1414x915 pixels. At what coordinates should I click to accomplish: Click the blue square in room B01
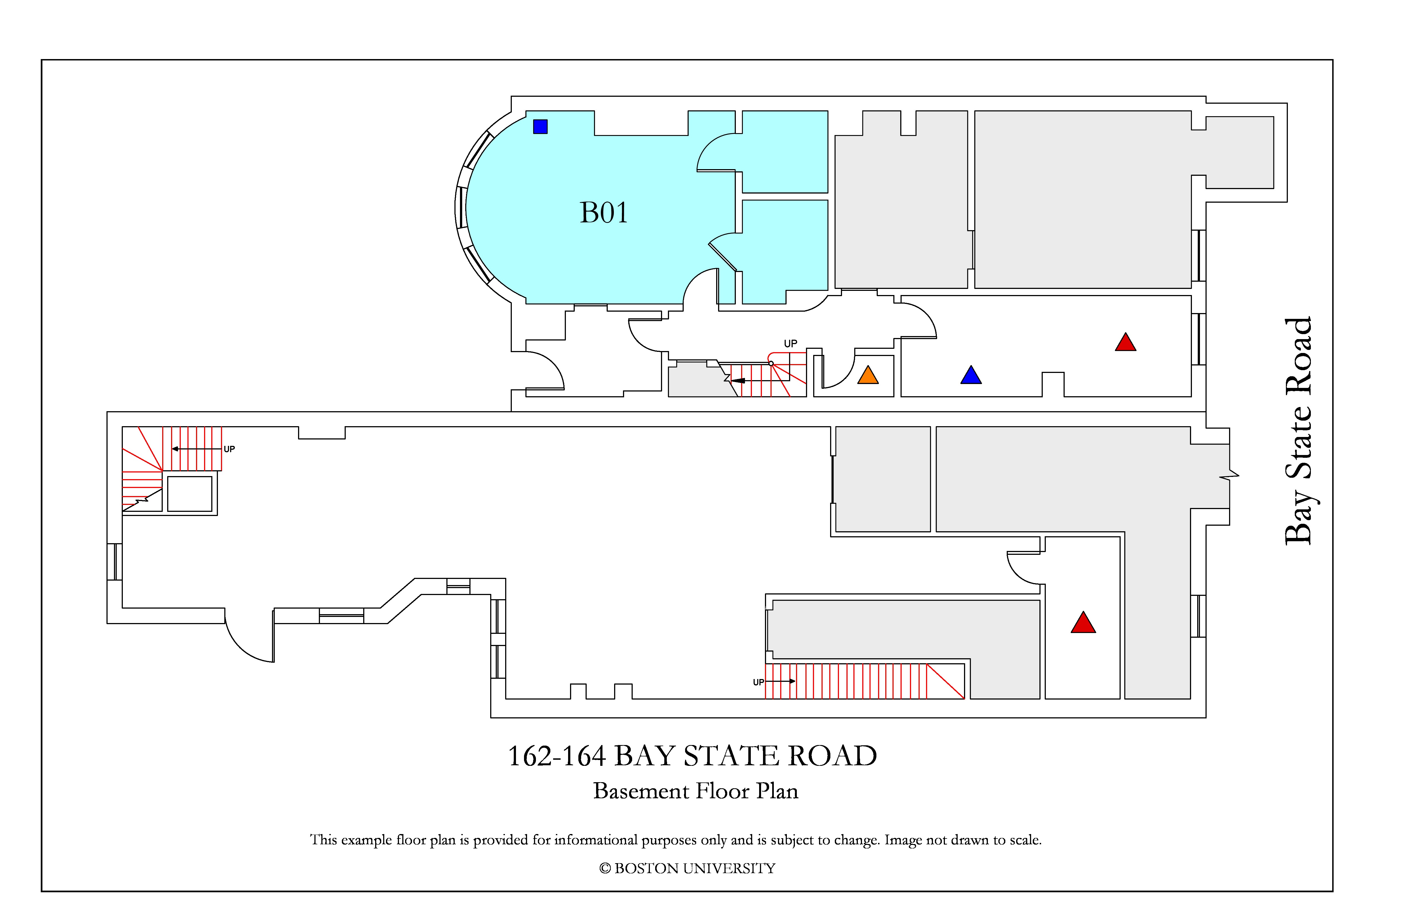[x=540, y=126]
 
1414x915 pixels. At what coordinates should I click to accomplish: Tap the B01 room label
[x=604, y=213]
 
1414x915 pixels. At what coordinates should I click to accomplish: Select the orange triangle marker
[x=868, y=375]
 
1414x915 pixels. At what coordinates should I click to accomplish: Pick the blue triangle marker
[x=971, y=375]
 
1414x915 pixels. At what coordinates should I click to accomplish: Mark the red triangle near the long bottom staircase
[x=1083, y=623]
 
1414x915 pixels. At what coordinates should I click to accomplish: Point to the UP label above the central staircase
[x=790, y=344]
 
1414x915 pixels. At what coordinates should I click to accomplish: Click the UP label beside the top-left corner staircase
[x=229, y=449]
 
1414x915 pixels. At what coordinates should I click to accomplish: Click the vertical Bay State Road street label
[x=1298, y=431]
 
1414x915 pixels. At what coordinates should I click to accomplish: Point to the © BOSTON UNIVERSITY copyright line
[x=687, y=869]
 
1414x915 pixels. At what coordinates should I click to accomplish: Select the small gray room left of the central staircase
[x=701, y=380]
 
